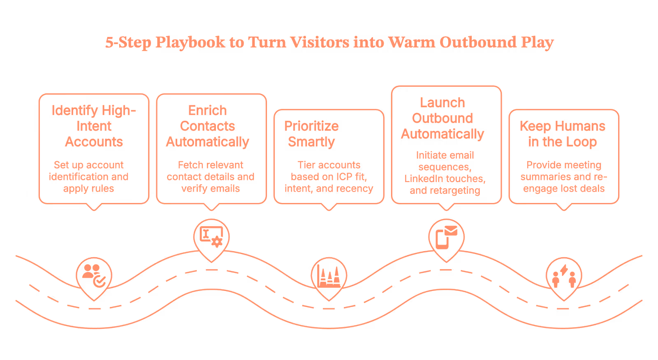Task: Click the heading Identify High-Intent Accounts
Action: [x=94, y=126]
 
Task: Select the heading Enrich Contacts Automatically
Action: [x=208, y=126]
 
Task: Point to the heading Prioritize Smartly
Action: [x=311, y=134]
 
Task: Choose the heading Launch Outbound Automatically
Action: [x=443, y=118]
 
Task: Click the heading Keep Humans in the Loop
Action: [x=562, y=134]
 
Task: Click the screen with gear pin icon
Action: [x=211, y=236]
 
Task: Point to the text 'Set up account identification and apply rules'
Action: [x=88, y=177]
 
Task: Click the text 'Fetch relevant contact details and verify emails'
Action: [x=211, y=177]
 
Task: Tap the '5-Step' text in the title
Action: [x=128, y=42]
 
